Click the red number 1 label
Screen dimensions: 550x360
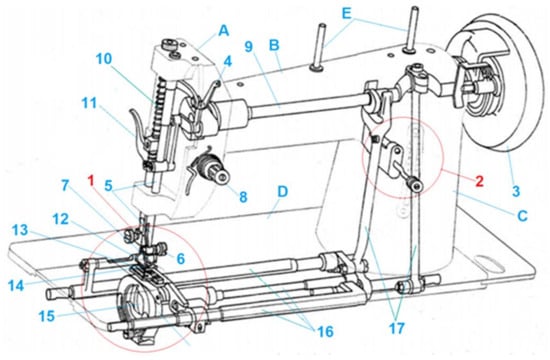[x=91, y=181]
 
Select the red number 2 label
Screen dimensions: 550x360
[x=479, y=181]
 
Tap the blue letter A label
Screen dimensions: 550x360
[x=223, y=31]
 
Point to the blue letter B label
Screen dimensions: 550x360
[x=274, y=45]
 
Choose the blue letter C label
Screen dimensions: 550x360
[x=523, y=216]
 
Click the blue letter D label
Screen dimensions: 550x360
[x=282, y=192]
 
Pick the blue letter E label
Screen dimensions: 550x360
[x=346, y=14]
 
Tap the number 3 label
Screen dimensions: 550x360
[x=515, y=192]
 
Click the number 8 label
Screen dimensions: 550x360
[x=243, y=196]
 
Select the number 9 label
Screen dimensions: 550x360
[x=248, y=46]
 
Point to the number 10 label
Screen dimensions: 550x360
[x=103, y=59]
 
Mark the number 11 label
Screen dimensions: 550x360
[x=89, y=104]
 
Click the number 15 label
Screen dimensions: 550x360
[x=47, y=316]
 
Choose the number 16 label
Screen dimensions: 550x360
[x=325, y=331]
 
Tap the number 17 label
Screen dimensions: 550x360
[x=397, y=328]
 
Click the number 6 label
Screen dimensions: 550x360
[x=180, y=259]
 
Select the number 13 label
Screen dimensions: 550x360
[x=19, y=231]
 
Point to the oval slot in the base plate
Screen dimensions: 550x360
[x=490, y=263]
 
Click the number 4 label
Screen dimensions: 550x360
[x=228, y=62]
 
